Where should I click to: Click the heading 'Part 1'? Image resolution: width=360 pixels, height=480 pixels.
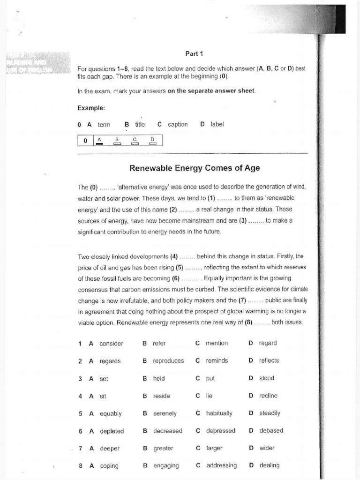[194, 53]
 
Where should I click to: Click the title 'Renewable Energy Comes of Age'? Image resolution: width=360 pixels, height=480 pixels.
[194, 168]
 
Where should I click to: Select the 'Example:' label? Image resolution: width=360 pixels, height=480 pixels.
[91, 108]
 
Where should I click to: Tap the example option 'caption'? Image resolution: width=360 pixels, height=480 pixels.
[177, 124]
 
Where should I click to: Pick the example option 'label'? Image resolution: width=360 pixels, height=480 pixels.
[217, 124]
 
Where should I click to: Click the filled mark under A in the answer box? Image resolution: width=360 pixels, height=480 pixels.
[99, 144]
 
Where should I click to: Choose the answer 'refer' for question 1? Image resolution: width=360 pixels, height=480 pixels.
[159, 343]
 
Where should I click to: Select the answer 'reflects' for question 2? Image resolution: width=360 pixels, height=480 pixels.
[269, 360]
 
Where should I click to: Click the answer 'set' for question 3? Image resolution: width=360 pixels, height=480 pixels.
[104, 378]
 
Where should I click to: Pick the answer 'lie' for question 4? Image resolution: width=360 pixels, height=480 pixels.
[209, 396]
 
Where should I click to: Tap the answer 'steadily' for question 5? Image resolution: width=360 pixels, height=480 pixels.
[270, 413]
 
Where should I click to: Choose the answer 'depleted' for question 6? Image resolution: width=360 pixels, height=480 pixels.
[112, 431]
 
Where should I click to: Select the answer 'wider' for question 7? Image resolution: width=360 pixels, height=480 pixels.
[267, 448]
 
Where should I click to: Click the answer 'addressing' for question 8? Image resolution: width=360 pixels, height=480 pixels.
[221, 465]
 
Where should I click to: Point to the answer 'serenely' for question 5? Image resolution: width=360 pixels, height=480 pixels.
[165, 413]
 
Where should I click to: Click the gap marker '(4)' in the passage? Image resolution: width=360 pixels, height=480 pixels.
[174, 256]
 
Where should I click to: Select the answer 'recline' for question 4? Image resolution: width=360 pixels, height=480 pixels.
[268, 396]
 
